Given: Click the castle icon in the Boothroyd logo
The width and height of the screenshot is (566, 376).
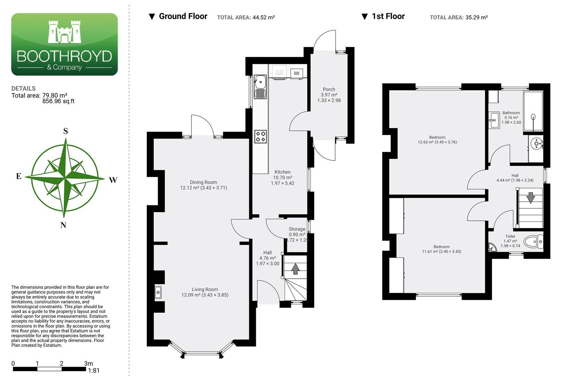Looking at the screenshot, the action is pos(65,32).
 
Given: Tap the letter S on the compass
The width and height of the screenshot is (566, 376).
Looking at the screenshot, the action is pos(66,131).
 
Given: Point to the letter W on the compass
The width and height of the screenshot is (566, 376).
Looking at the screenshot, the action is pos(113,180).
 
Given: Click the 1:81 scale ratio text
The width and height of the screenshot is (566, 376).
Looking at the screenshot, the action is pos(94,370).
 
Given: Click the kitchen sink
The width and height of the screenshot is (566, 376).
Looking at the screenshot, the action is pos(260,87).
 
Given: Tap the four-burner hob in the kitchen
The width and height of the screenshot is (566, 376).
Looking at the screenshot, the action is pos(261,136).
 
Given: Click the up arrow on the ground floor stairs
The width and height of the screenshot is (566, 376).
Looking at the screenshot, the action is pos(295,269).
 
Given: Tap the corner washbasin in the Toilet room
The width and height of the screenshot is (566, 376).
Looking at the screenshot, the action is pos(492,248).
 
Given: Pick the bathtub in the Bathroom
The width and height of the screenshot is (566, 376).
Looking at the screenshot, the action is pos(533,111).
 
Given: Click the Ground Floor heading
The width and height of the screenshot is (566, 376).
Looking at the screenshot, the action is pos(183,16).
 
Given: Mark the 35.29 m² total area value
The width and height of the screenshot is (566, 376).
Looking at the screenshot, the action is pos(476,17).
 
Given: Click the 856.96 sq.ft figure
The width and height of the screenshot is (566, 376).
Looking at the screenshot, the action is pos(58,101).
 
